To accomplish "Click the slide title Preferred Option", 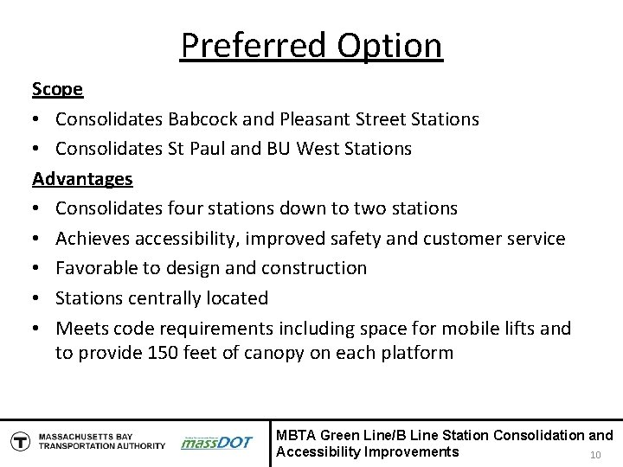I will pos(311,45).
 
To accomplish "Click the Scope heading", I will pos(58,89).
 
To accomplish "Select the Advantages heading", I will pos(82,178).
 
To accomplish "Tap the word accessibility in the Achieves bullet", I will pos(202,238).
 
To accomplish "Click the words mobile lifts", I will pos(509,328).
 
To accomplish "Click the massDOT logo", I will pos(216,442).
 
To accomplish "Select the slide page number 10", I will pos(594,456).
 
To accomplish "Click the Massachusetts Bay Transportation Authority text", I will pos(100,440).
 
